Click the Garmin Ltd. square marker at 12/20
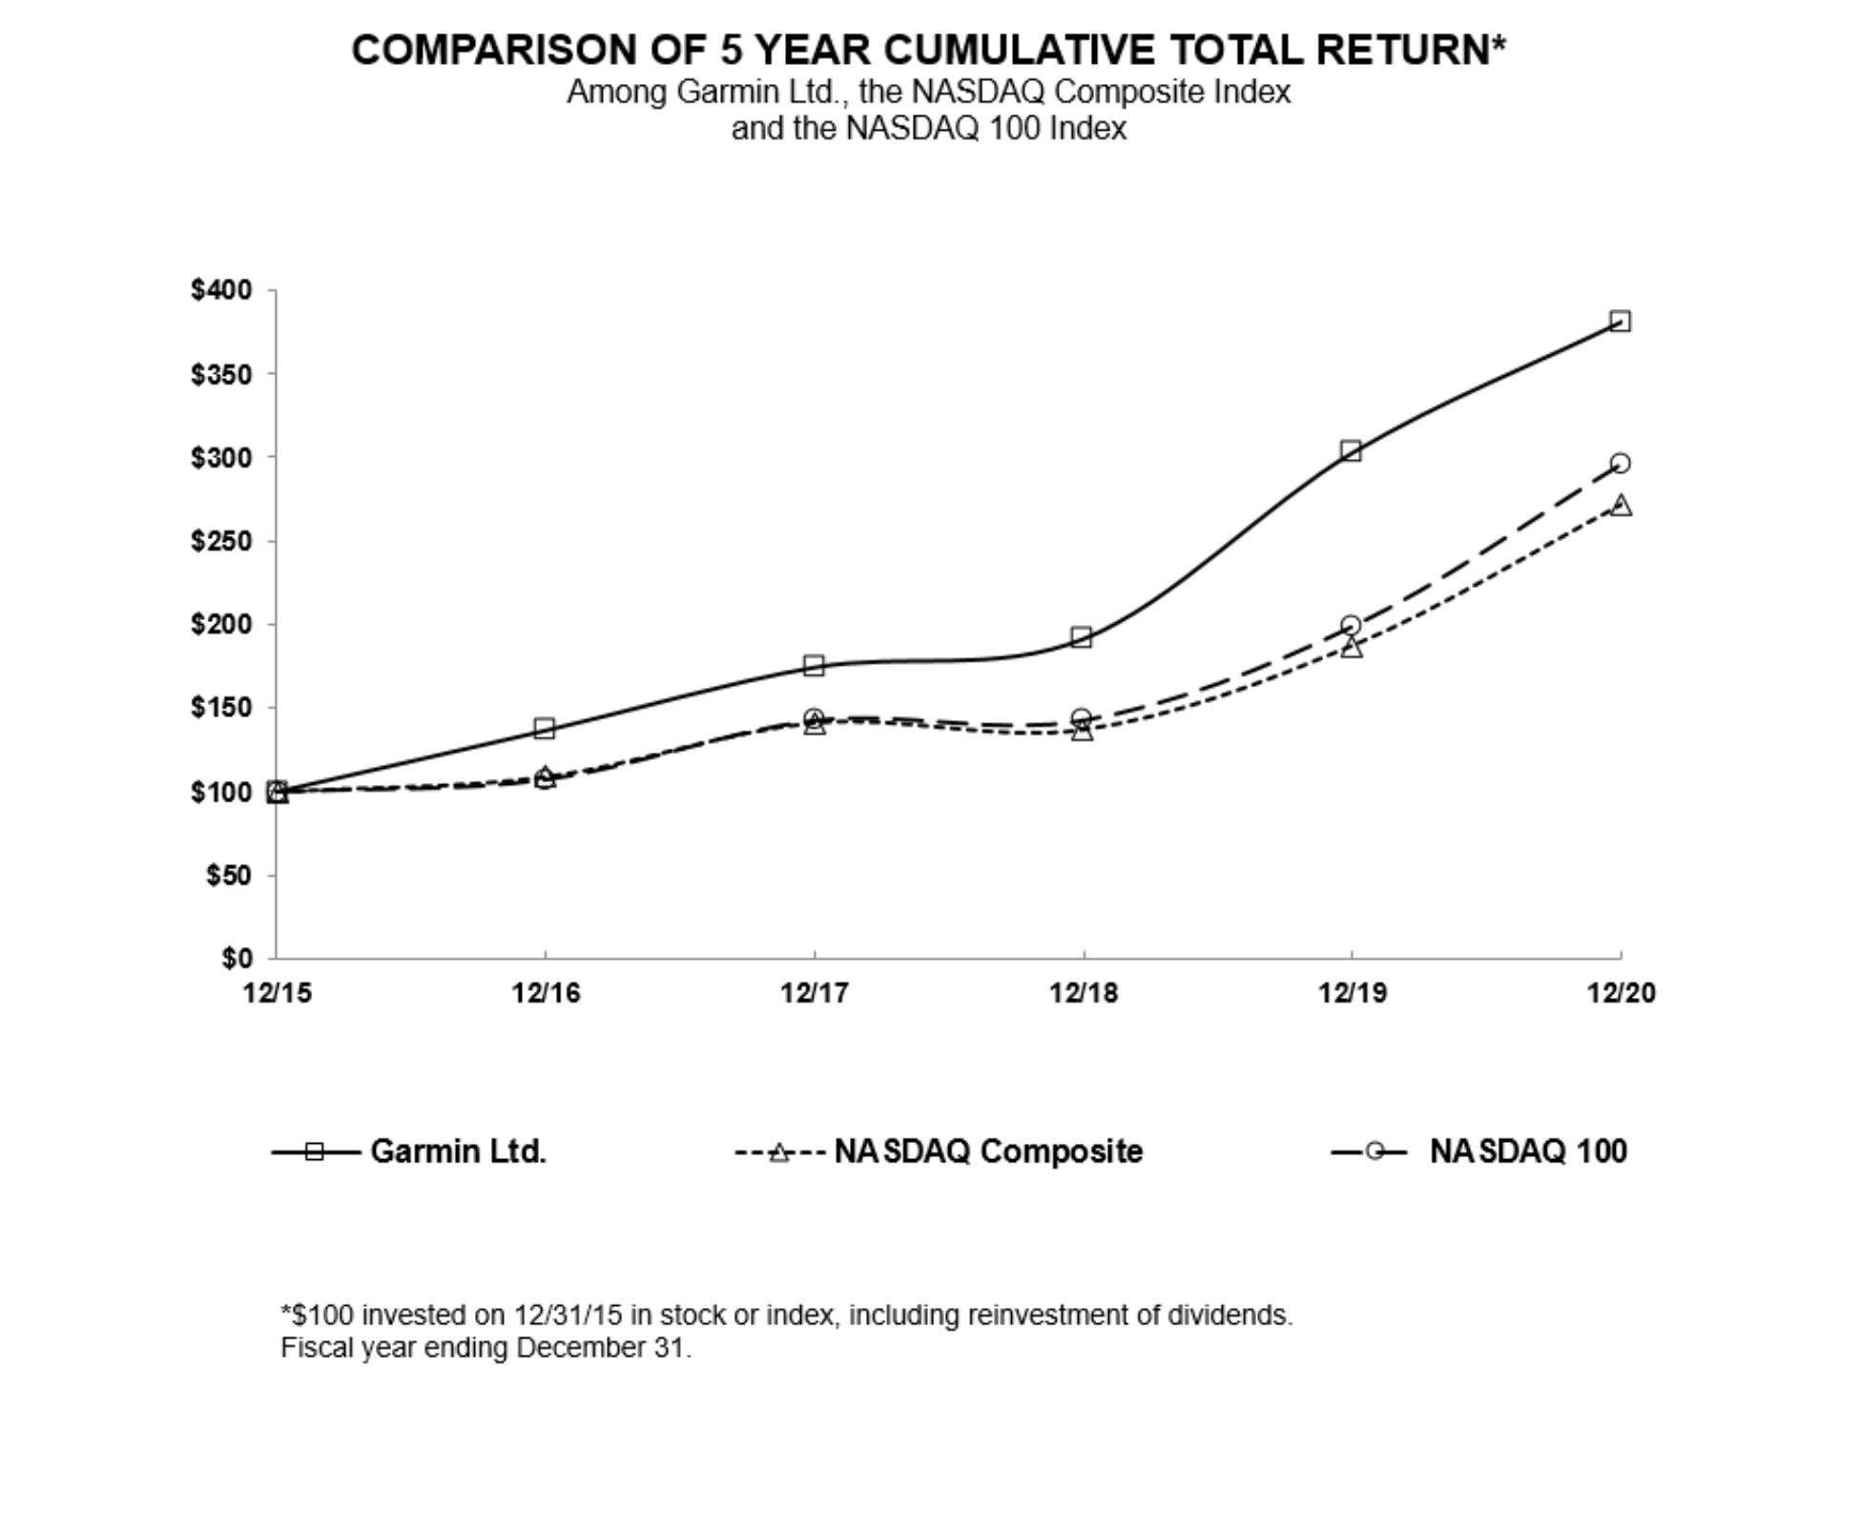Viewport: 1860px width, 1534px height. pyautogui.click(x=1619, y=321)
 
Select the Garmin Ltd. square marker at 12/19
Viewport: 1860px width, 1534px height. pyautogui.click(x=1350, y=451)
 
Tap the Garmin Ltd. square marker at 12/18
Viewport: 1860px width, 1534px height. pyautogui.click(x=1081, y=637)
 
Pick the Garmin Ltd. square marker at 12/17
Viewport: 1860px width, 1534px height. pyautogui.click(x=813, y=666)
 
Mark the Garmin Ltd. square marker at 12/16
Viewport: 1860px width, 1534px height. pyautogui.click(x=544, y=729)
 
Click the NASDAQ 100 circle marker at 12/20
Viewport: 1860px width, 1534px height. pyautogui.click(x=1619, y=464)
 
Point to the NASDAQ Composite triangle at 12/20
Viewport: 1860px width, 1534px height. pyautogui.click(x=1620, y=506)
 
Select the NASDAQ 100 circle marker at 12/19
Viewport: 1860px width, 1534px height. pyautogui.click(x=1350, y=626)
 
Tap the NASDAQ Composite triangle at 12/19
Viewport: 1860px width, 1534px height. pyautogui.click(x=1351, y=648)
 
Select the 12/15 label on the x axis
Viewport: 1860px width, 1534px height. pyautogui.click(x=277, y=993)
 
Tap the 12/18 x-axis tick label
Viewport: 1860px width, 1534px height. pyautogui.click(x=1083, y=993)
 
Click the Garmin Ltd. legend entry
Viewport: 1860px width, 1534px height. pyautogui.click(x=457, y=1151)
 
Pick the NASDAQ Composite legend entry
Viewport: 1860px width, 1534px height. pyautogui.click(x=987, y=1151)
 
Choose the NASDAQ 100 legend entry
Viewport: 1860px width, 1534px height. pyautogui.click(x=1527, y=1151)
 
